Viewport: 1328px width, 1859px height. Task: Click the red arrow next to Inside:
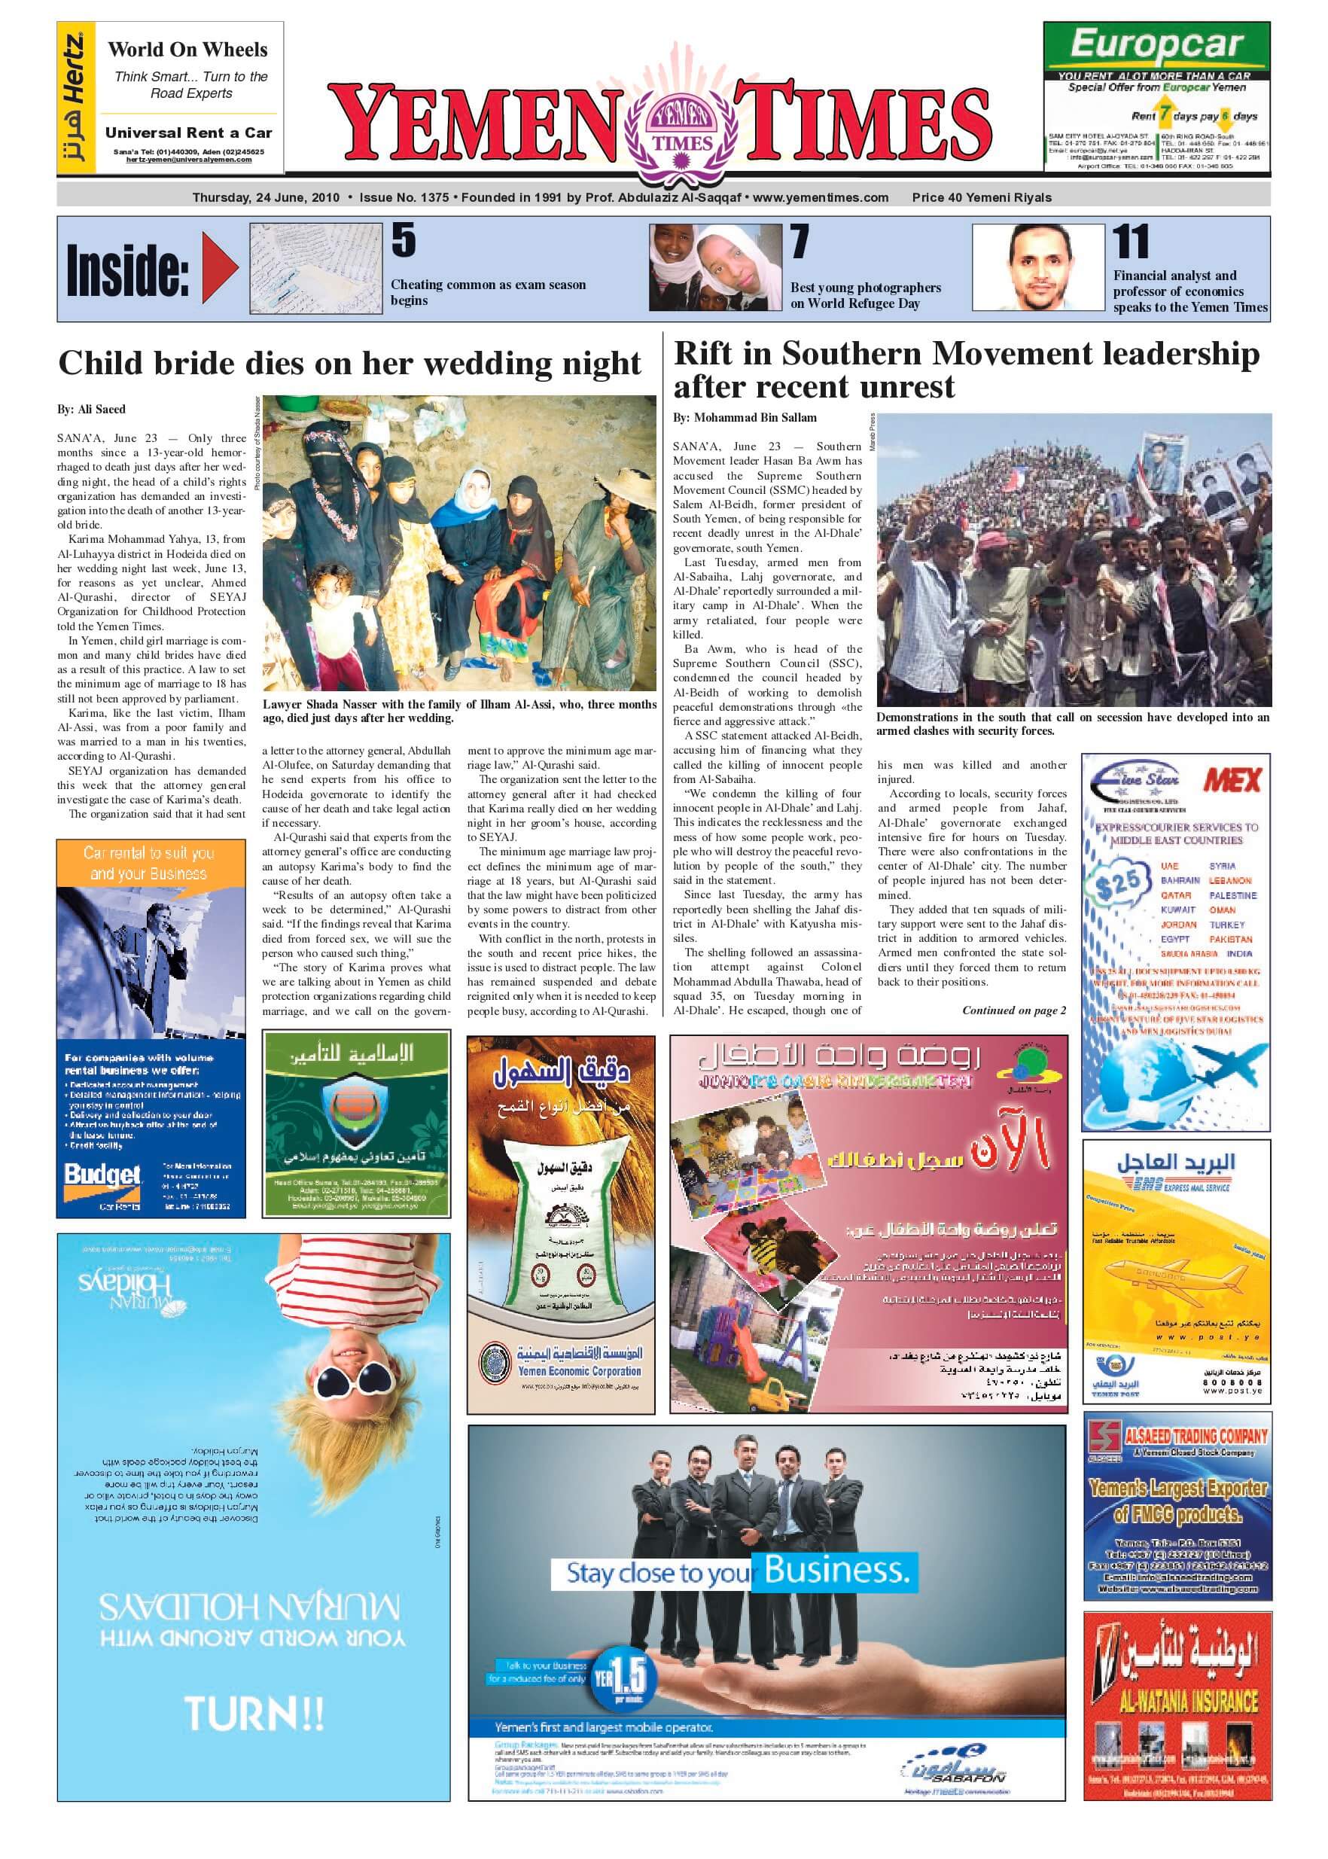click(x=220, y=268)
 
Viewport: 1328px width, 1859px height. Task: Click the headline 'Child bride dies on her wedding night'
click(x=349, y=363)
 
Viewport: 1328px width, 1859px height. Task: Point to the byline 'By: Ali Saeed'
click(x=91, y=409)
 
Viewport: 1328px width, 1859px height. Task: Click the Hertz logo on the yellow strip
click(x=75, y=98)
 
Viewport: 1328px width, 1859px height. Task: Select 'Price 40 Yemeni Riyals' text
click(x=981, y=197)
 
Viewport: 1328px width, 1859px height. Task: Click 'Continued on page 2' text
click(x=1013, y=1010)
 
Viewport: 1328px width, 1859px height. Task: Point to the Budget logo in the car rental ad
click(x=102, y=1175)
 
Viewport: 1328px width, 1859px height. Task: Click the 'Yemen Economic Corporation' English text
click(x=579, y=1372)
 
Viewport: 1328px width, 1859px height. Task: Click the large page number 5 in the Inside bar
click(x=404, y=240)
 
